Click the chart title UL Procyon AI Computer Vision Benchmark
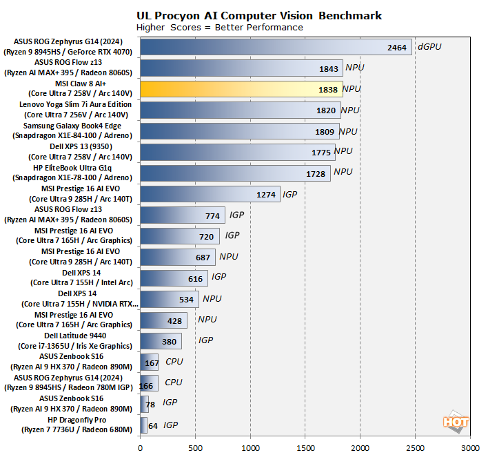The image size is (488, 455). [259, 15]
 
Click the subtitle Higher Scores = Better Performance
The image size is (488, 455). [219, 27]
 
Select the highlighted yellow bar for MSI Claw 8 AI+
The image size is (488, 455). [241, 89]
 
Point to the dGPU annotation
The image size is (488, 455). [429, 47]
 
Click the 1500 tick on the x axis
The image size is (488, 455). [305, 447]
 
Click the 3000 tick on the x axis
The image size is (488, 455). [470, 447]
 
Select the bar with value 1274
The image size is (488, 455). [210, 194]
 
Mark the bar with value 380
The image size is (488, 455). [161, 341]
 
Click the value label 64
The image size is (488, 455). [153, 425]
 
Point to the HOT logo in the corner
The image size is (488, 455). [455, 423]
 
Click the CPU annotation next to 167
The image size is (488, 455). [174, 361]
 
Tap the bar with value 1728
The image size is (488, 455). [235, 173]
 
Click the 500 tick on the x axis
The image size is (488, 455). [196, 447]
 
